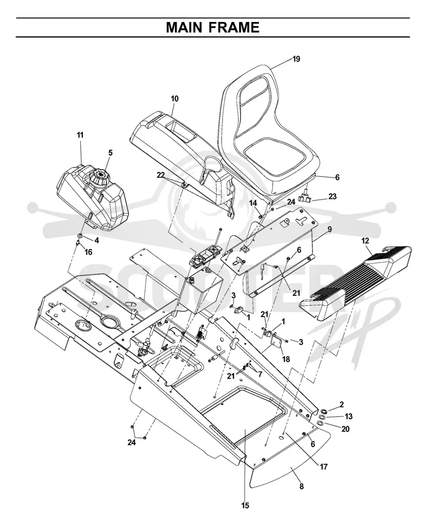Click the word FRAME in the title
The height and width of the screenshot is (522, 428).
(x=236, y=27)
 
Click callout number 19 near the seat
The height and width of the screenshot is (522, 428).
(x=296, y=59)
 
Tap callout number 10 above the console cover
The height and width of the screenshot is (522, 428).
(x=174, y=98)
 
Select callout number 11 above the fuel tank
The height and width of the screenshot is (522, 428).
(x=80, y=135)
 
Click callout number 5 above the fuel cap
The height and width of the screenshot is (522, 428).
(x=110, y=152)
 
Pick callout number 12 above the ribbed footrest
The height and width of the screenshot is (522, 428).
(x=365, y=240)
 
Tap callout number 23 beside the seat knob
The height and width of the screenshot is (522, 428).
(x=332, y=196)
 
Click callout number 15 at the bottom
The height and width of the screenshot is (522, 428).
(x=245, y=505)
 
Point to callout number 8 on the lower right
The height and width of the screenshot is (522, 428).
(x=301, y=486)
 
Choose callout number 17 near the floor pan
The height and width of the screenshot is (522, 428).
(x=324, y=467)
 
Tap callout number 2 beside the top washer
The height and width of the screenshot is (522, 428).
(x=341, y=404)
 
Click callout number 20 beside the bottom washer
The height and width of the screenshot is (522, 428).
(x=346, y=429)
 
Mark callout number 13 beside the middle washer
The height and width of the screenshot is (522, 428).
(x=348, y=417)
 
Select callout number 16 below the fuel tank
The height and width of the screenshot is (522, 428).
(x=88, y=252)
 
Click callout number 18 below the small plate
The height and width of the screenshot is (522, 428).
(x=286, y=359)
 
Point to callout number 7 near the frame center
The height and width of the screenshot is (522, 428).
(x=260, y=374)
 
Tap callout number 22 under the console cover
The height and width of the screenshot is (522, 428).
(x=161, y=175)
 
